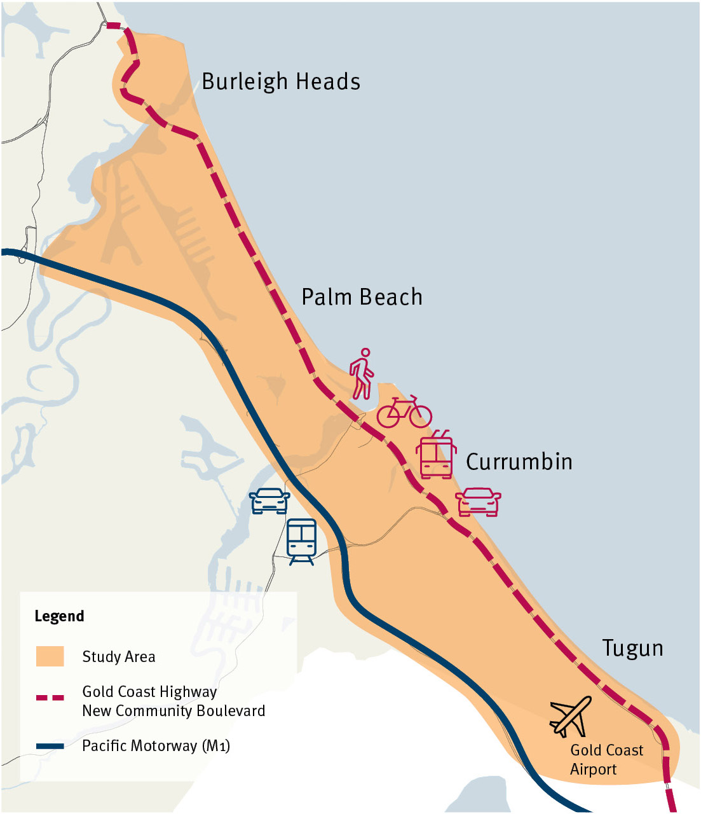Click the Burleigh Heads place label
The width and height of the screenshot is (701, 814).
click(x=281, y=82)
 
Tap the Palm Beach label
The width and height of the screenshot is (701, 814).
click(x=362, y=297)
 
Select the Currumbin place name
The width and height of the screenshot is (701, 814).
click(x=519, y=462)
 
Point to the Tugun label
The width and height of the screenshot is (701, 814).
click(x=632, y=648)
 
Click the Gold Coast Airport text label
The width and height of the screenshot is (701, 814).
click(x=606, y=760)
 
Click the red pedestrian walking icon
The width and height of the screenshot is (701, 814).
click(x=362, y=374)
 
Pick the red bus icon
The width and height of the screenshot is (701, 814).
click(x=436, y=455)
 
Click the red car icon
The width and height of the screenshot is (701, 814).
click(x=479, y=501)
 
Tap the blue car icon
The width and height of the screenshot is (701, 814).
click(x=269, y=500)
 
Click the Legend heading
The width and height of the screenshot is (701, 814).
click(x=59, y=616)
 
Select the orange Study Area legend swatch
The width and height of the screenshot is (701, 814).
click(x=50, y=656)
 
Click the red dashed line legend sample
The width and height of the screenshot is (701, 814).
click(x=50, y=698)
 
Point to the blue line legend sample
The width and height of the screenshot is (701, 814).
click(x=50, y=746)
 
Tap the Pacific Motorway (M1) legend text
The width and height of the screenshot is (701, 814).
click(x=156, y=746)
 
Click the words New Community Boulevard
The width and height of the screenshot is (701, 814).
click(x=174, y=711)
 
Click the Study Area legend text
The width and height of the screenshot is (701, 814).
click(x=119, y=657)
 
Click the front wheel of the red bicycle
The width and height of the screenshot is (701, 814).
click(x=420, y=417)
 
